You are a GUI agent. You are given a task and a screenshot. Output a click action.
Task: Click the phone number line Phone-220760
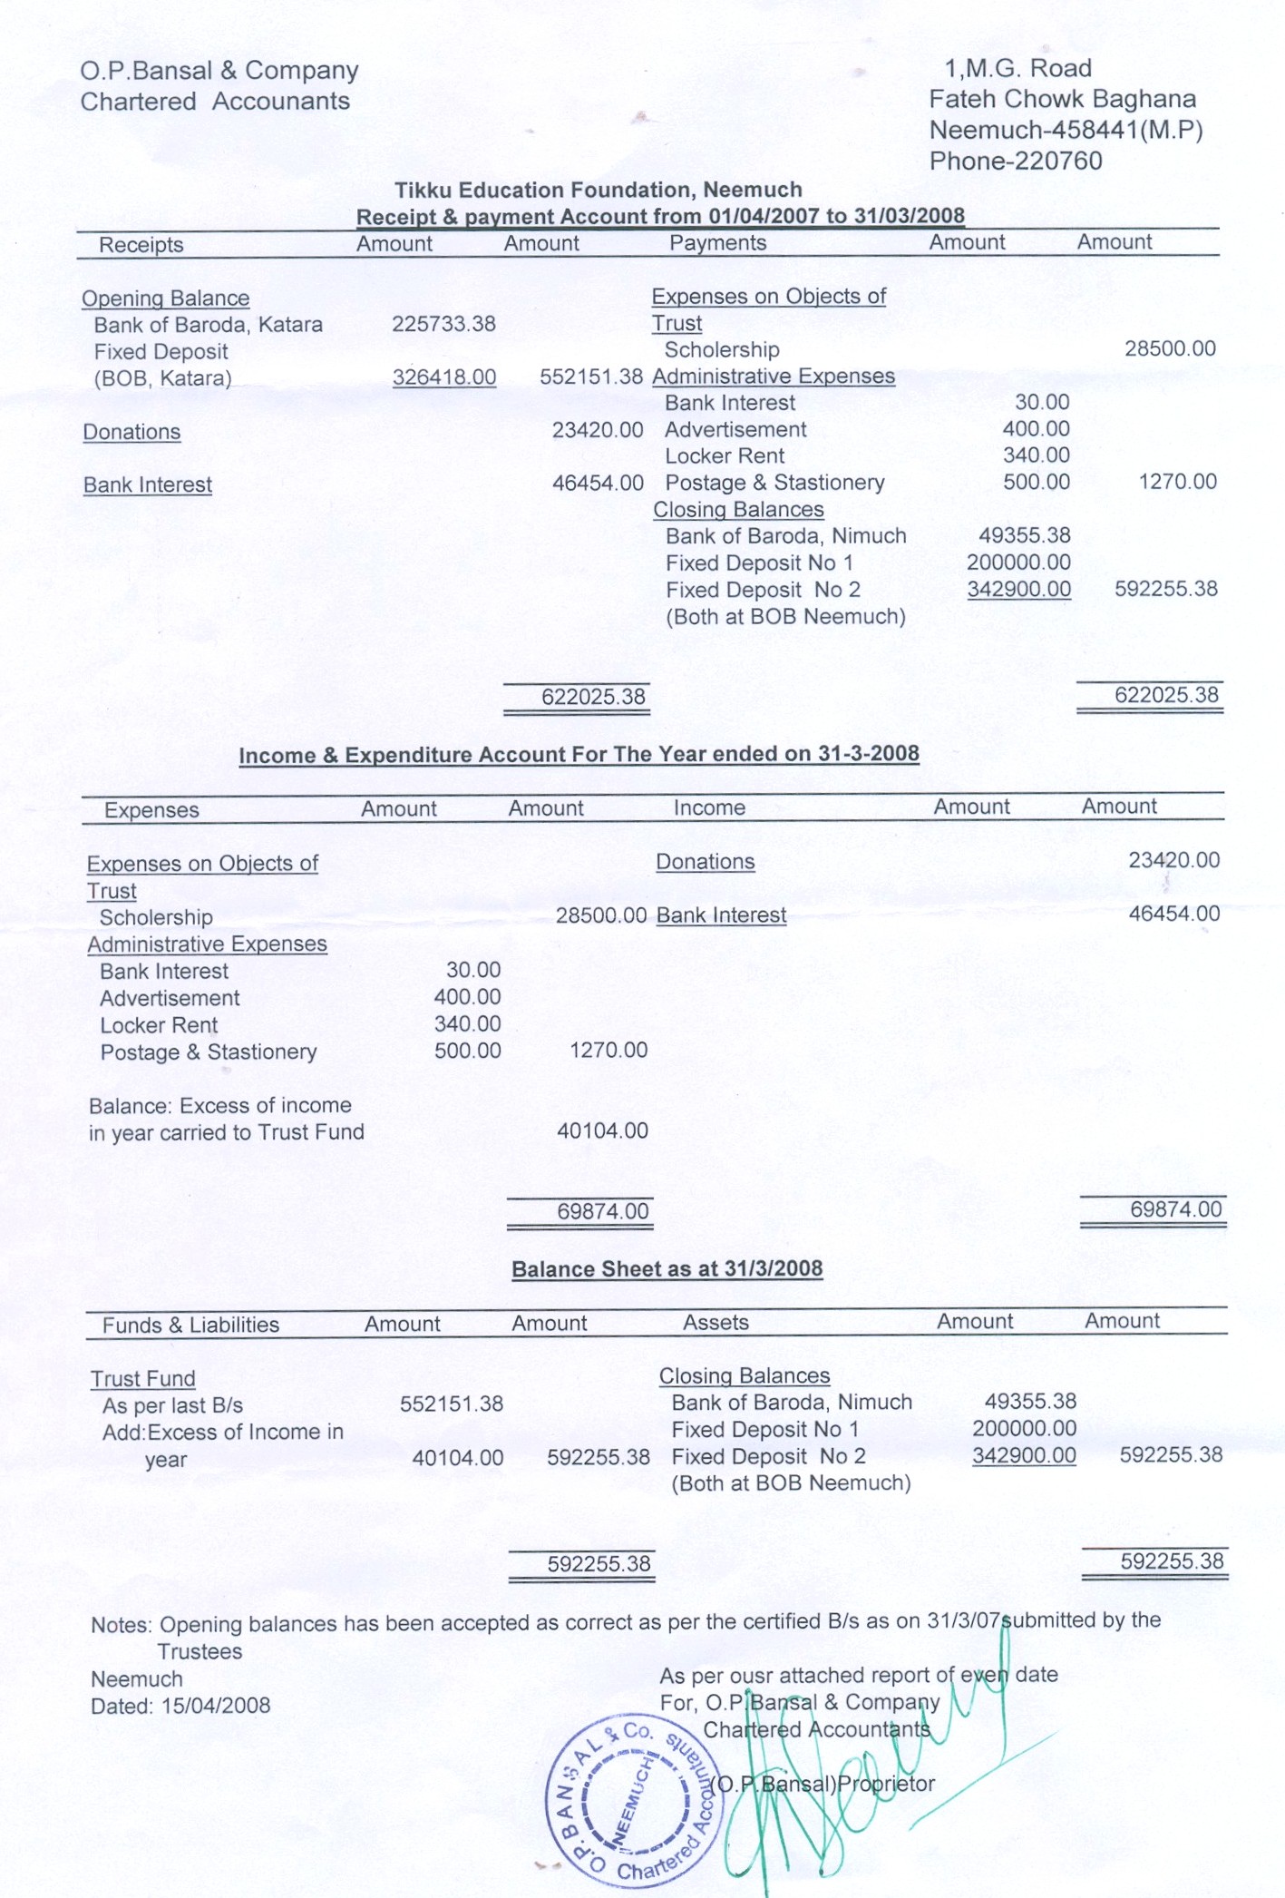click(1016, 161)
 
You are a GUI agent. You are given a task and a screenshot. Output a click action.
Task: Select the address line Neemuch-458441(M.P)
click(1066, 131)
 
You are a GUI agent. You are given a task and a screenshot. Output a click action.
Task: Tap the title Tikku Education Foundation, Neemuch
click(598, 191)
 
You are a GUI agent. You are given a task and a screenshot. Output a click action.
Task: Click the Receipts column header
click(141, 245)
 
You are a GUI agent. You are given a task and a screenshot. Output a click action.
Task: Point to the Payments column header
click(717, 243)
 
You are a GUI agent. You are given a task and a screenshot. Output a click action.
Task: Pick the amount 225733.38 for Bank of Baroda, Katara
click(443, 325)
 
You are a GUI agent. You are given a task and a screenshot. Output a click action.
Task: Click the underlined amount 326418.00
click(443, 377)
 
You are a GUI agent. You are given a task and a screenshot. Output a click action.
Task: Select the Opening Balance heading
click(165, 298)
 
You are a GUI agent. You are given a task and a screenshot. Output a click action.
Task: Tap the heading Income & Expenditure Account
click(579, 755)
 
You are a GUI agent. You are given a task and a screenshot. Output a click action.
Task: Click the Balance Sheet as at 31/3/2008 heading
click(667, 1269)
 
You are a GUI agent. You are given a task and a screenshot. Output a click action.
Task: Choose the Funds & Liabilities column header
click(190, 1326)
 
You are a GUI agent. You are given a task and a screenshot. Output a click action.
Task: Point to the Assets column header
click(716, 1323)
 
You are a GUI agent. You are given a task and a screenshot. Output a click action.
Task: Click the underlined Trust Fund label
click(142, 1379)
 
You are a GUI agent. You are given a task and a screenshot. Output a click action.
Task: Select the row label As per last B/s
click(172, 1406)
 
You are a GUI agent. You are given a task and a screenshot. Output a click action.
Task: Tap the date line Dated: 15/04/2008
click(180, 1706)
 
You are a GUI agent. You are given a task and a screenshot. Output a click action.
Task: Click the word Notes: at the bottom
click(122, 1625)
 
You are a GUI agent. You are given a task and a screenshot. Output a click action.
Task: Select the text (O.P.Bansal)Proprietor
click(822, 1784)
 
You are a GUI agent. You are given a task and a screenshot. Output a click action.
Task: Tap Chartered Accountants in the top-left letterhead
click(215, 102)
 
